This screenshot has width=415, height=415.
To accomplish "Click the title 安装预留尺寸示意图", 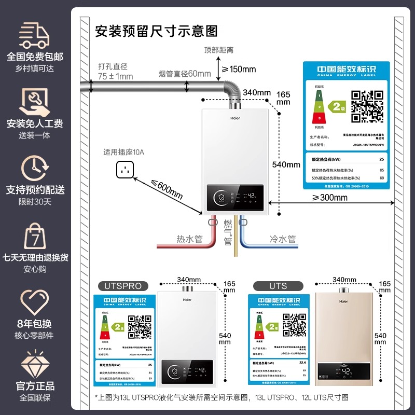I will click(156, 31).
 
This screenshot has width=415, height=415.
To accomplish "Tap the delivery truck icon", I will click(34, 36).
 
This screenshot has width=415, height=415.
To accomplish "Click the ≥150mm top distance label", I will click(239, 69).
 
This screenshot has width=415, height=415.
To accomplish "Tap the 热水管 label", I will click(189, 239).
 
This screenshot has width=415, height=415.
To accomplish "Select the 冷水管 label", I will click(283, 239).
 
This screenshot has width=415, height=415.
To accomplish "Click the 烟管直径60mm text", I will click(185, 74).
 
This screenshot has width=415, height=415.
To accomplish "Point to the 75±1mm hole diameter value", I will click(116, 76).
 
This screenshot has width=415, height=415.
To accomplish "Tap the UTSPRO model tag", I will click(123, 286).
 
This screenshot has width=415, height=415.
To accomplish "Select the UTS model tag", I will click(278, 286).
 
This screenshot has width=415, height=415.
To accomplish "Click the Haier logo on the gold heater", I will click(343, 300).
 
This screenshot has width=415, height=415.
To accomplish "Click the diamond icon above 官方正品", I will click(34, 363).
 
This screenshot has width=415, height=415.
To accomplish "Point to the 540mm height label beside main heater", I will click(286, 164).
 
